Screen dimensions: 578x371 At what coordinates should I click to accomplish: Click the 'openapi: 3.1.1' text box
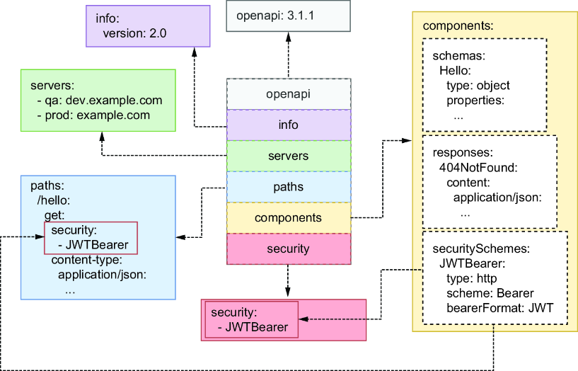coord(288,16)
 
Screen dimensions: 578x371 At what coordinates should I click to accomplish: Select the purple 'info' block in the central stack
coord(289,125)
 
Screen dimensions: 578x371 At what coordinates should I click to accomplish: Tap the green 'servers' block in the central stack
coord(289,156)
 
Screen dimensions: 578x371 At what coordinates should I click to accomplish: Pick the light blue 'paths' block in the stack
coord(289,187)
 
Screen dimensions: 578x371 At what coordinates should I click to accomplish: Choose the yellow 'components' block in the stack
coord(289,218)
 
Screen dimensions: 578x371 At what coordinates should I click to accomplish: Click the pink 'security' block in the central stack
coord(289,249)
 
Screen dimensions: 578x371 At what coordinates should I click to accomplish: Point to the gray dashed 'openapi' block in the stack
coord(289,94)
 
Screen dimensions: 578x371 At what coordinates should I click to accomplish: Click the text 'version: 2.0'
coord(135,33)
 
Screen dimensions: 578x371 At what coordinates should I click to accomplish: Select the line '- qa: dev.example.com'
coord(100,101)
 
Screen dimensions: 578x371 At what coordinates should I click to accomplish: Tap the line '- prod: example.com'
coord(93,115)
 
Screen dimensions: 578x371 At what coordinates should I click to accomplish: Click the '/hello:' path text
coord(54,200)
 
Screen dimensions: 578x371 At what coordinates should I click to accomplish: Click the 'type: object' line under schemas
coord(478,86)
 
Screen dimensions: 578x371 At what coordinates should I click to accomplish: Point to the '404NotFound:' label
coord(478,168)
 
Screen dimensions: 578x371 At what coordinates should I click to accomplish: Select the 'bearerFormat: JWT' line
coord(500,308)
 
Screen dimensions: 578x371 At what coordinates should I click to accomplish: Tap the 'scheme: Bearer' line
coord(490,293)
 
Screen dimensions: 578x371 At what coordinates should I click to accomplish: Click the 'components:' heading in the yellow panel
coord(458,25)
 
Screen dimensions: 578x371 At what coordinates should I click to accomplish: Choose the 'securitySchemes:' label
coord(481,249)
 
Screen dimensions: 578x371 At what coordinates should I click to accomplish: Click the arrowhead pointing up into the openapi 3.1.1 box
coord(289,37)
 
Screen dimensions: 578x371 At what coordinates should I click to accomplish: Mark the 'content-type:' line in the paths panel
coord(86,260)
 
